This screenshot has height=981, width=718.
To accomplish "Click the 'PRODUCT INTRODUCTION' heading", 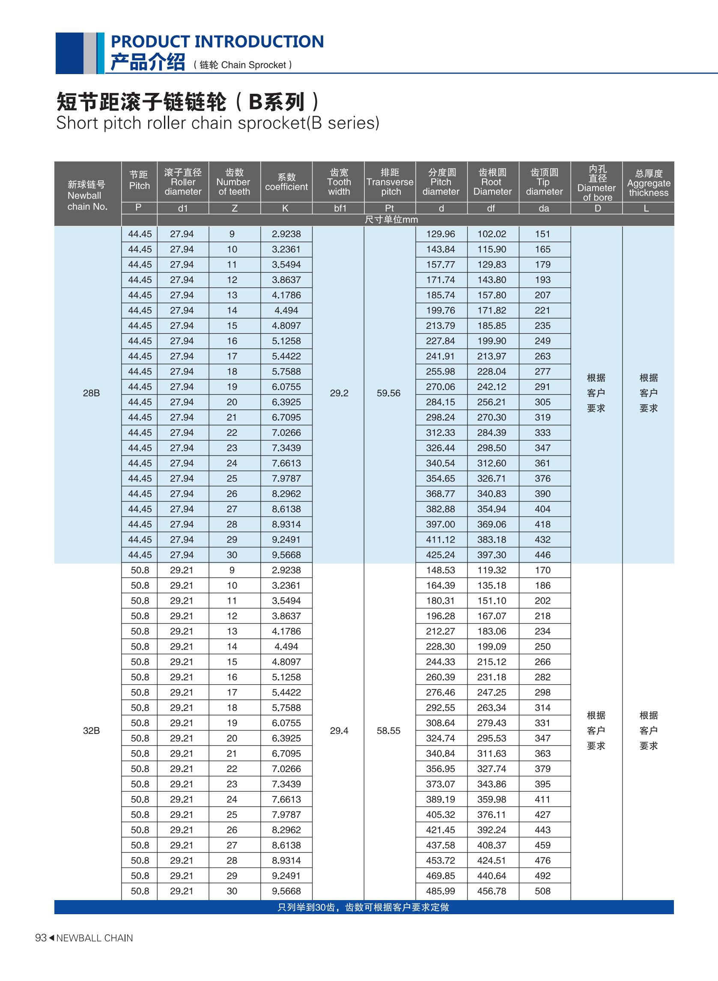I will [217, 42].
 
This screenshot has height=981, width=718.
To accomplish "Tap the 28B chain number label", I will [91, 393].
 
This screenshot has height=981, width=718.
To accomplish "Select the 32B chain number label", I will [91, 731].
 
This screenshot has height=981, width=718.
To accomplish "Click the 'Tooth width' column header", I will [339, 182].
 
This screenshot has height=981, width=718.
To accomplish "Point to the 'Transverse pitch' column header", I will [390, 182].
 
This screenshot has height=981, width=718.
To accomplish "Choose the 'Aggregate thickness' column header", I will [649, 183].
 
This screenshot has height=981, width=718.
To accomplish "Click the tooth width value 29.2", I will [339, 393].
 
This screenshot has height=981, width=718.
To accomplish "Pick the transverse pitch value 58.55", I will [389, 731].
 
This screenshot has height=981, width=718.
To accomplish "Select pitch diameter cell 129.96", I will [441, 234].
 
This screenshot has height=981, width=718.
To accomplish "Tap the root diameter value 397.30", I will [492, 555].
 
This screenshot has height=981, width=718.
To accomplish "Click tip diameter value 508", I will [543, 891].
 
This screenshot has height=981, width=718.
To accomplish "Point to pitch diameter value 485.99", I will [441, 891].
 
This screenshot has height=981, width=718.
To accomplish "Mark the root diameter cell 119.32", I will [492, 570].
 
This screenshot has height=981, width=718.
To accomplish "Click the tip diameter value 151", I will [543, 234].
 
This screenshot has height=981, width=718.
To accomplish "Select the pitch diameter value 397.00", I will [441, 524].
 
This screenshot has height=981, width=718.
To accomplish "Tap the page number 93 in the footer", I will [40, 938].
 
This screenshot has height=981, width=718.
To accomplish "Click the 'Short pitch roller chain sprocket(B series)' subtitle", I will [218, 123].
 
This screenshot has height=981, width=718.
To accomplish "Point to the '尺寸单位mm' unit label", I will [391, 220].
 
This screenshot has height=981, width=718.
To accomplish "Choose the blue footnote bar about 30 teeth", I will [364, 907].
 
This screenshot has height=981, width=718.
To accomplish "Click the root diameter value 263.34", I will [492, 708].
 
